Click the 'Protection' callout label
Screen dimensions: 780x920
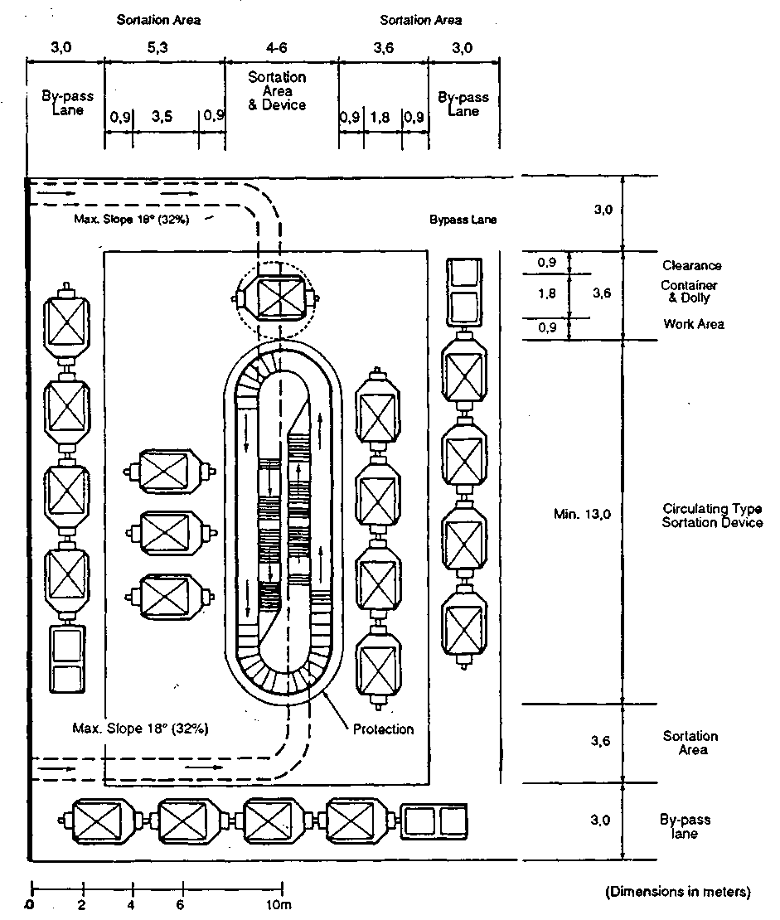[383, 729]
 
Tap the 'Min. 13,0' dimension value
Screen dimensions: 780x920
[582, 514]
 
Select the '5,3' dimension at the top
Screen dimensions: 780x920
[157, 47]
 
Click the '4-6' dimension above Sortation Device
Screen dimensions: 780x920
[276, 47]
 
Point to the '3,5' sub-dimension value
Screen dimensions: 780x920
[162, 116]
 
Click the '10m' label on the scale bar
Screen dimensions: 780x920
[279, 904]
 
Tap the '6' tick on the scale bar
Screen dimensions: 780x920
[180, 904]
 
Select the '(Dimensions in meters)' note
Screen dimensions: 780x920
[678, 892]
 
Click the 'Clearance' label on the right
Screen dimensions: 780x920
[692, 265]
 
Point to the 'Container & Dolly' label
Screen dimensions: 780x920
[689, 292]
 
